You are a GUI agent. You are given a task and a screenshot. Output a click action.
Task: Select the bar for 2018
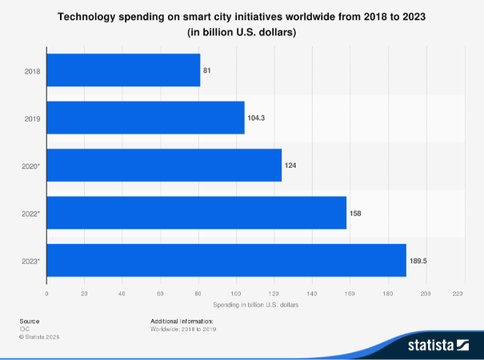tap(123, 70)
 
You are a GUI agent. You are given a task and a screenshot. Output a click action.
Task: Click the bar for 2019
tap(146, 118)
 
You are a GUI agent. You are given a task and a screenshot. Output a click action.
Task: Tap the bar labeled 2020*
tap(164, 165)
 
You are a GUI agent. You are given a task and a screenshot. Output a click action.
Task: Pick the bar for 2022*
tap(197, 213)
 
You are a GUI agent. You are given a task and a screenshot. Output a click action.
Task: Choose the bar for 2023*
tap(226, 260)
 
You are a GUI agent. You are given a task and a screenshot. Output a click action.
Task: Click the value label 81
tap(207, 71)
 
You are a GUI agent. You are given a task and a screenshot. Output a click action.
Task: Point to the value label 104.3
tap(257, 118)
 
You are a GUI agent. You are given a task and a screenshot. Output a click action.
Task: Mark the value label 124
tap(290, 166)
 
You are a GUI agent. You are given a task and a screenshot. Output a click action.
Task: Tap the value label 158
tap(356, 213)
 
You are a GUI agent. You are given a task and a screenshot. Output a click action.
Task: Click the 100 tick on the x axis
tap(236, 294)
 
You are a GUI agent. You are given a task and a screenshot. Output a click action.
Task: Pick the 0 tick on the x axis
tap(47, 294)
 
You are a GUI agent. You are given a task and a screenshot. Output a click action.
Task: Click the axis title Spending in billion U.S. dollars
tap(255, 306)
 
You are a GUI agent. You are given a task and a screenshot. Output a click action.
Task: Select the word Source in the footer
tap(29, 321)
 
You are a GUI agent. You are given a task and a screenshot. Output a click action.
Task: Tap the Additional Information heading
tap(182, 321)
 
